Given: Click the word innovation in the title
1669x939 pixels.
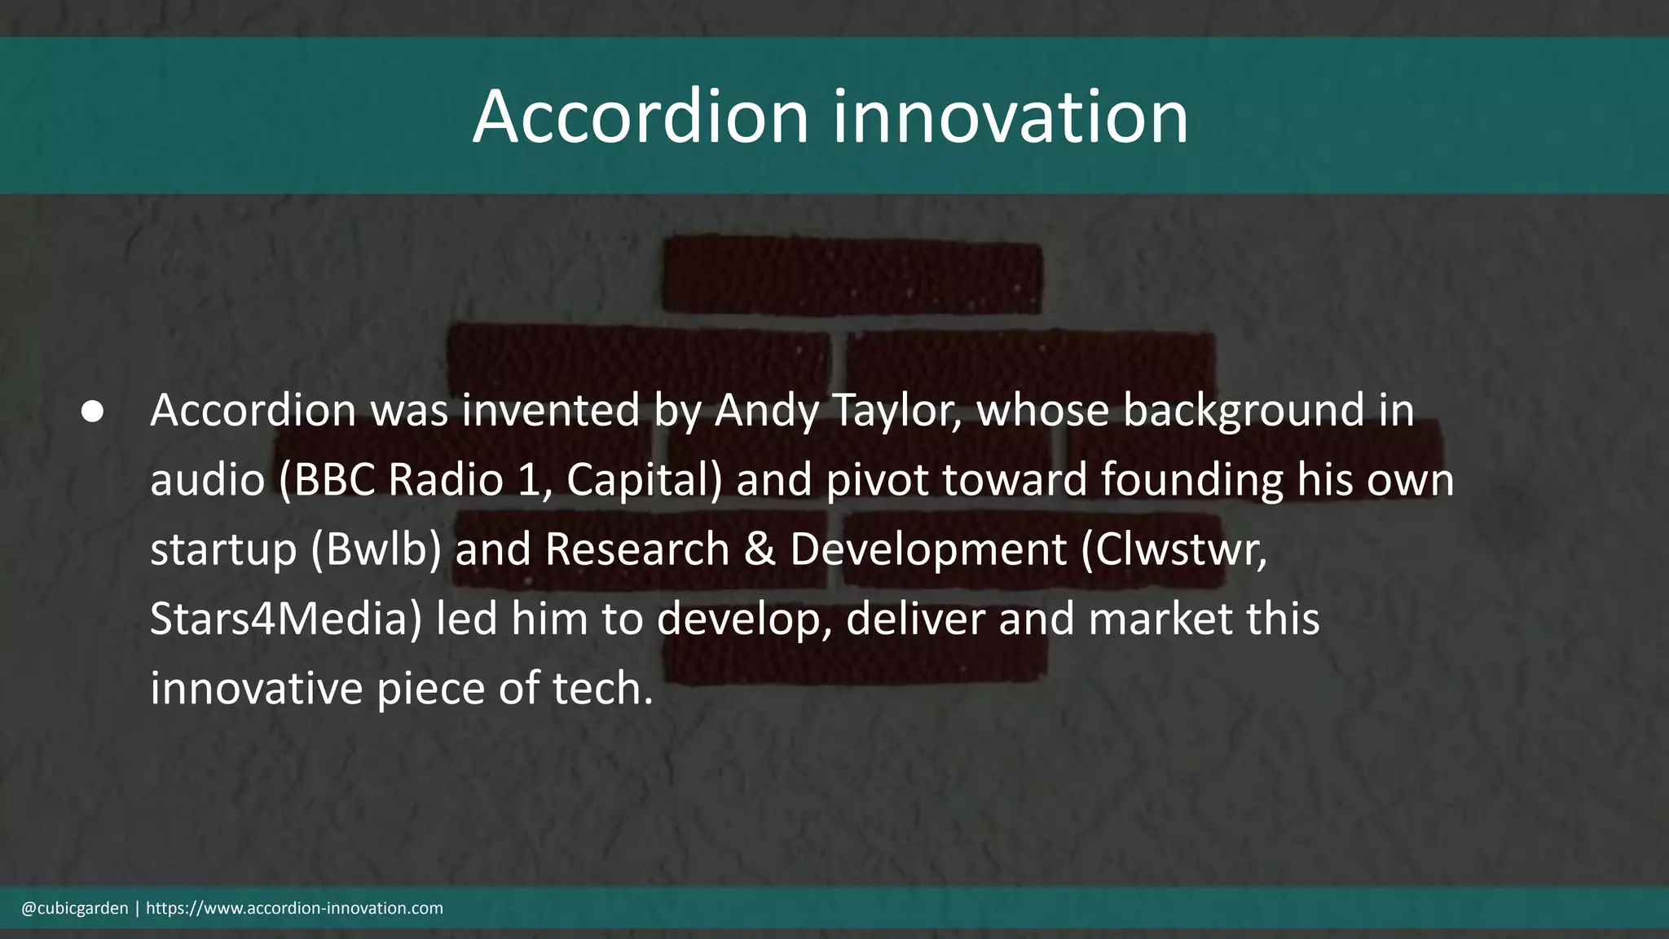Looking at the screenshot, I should (x=1010, y=117).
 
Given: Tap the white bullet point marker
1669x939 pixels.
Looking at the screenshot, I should (x=93, y=412).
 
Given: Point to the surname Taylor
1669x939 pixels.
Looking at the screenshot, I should (x=897, y=410).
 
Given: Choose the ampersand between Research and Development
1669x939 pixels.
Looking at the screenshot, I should (x=760, y=549).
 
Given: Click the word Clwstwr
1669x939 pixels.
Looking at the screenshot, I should (x=1174, y=549).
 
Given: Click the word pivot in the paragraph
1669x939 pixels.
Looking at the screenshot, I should (x=877, y=479).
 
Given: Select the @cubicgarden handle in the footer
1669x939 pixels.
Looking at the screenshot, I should (x=75, y=908).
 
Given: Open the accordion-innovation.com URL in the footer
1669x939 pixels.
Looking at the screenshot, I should (x=294, y=908).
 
